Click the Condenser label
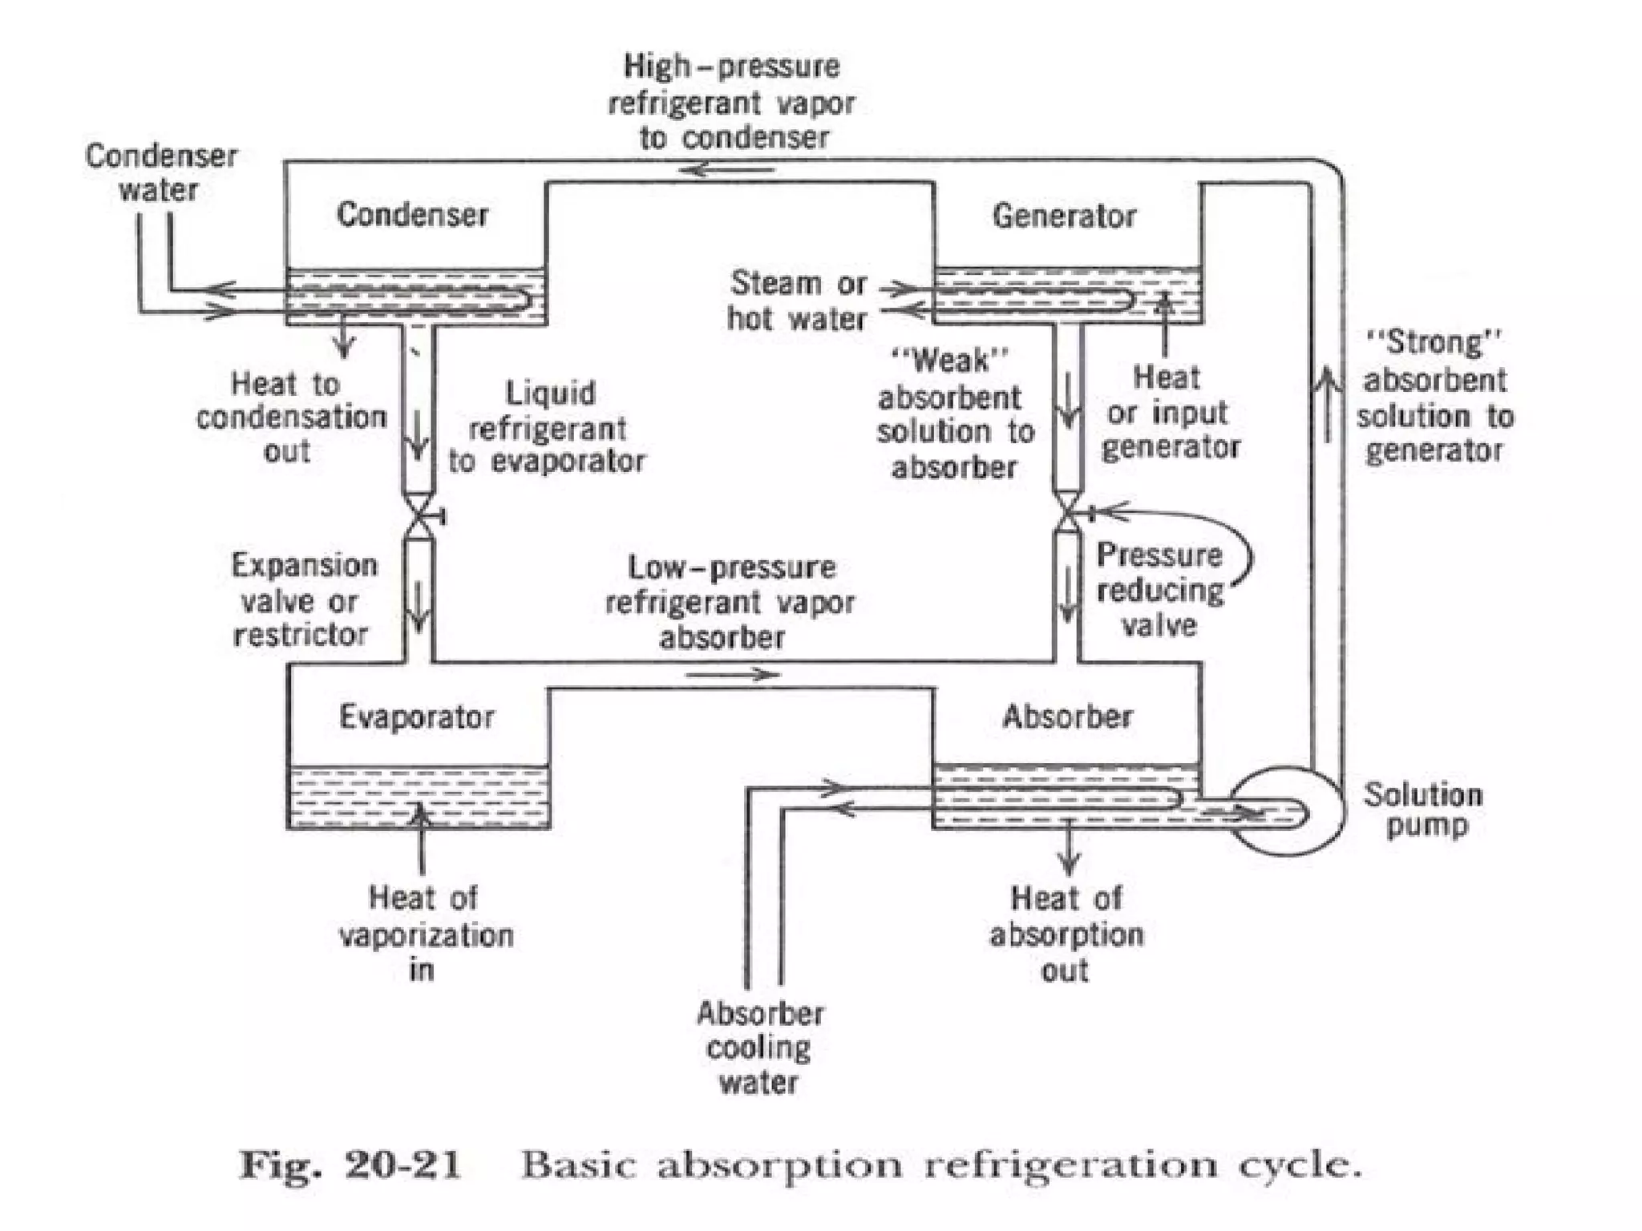click(x=412, y=215)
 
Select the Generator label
click(x=1064, y=216)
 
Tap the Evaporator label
click(x=417, y=716)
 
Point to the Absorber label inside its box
click(x=1067, y=716)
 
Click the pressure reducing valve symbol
click(x=1068, y=513)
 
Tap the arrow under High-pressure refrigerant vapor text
click(x=726, y=170)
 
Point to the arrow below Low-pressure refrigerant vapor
click(x=732, y=675)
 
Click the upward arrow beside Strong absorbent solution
click(x=1328, y=404)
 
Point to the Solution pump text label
click(x=1424, y=809)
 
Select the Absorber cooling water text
click(x=759, y=1048)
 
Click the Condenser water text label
click(x=160, y=172)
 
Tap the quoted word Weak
click(x=951, y=361)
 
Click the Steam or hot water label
click(x=798, y=301)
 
